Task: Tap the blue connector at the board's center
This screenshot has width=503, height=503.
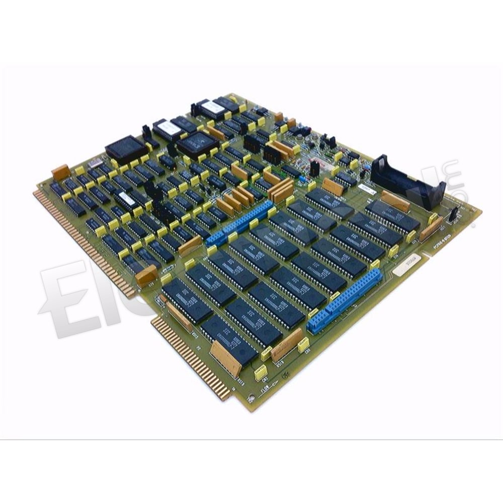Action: (x=238, y=223)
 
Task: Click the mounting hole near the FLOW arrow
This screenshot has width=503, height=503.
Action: (x=285, y=375)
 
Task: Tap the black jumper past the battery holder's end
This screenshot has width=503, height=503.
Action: (x=452, y=213)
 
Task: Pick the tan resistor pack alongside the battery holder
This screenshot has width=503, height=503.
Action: (x=395, y=201)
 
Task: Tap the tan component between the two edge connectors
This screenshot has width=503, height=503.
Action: (x=146, y=275)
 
